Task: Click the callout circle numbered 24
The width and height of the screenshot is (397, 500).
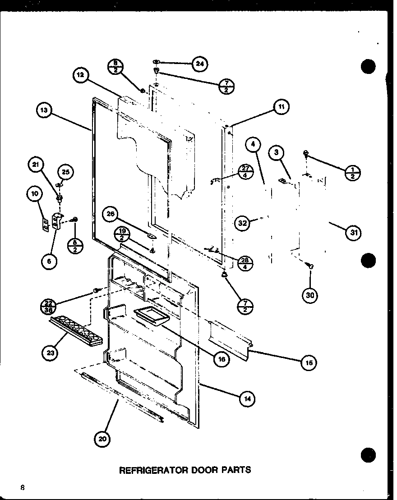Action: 199,64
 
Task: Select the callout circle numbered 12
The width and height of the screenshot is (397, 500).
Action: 80,75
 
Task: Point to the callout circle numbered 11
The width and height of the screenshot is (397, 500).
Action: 282,107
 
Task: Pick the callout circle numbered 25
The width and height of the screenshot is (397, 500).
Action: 66,172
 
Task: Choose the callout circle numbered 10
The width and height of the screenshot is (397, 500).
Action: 35,194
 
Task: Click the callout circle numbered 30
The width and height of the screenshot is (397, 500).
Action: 310,295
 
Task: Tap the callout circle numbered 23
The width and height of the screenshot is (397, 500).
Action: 51,353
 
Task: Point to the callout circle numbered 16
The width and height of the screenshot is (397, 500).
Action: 221,359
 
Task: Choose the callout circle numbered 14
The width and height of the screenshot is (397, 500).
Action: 248,398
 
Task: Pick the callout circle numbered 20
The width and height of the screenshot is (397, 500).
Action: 102,440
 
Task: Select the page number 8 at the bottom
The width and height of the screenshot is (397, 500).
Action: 22,487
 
